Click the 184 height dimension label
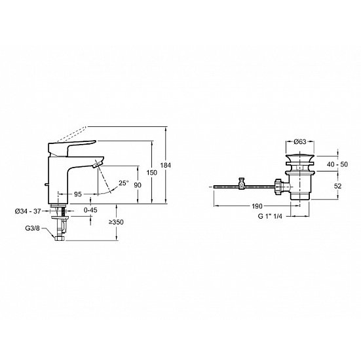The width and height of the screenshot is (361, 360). tap(166, 165)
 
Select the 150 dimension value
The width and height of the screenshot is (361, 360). tap(152, 172)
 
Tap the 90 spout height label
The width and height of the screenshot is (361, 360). tap(138, 185)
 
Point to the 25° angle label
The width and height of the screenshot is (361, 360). tap(124, 183)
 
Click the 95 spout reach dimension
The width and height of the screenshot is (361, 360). tap(78, 194)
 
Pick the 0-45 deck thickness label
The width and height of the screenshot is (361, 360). tap(90, 210)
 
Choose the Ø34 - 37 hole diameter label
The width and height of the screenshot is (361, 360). tap(28, 211)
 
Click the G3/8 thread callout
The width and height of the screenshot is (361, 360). tap(33, 228)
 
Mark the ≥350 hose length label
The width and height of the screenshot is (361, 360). tap(116, 222)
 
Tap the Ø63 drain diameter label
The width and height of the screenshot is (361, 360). tap(300, 141)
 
